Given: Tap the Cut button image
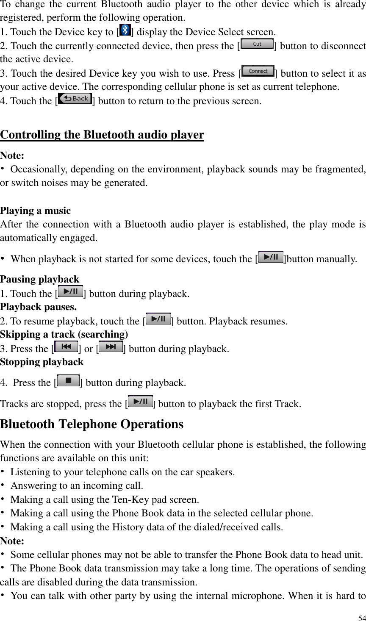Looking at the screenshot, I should coord(257,44).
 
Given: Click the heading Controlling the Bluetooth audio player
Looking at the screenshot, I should coord(102,135).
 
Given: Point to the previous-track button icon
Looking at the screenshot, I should coord(66,347).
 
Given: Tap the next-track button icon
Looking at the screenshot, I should coord(111,347).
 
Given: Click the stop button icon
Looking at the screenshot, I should coord(68,380).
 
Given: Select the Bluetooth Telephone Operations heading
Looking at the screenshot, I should coord(92,424).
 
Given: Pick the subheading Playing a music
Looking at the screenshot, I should coord(36,211).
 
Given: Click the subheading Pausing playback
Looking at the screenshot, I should coord(40,279).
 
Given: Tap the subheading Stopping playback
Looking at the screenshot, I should coord(42,362).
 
